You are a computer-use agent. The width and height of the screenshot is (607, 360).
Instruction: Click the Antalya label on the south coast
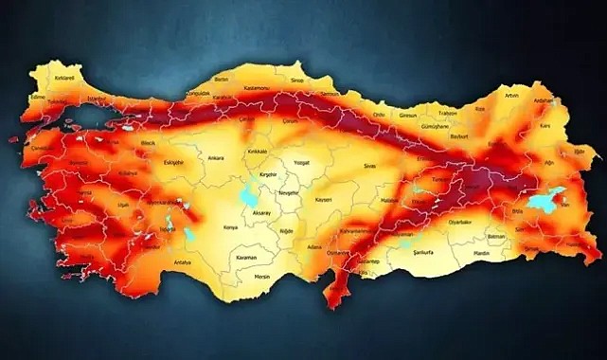[x=182, y=261]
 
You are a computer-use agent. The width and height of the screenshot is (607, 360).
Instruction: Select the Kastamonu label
[x=259, y=88]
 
